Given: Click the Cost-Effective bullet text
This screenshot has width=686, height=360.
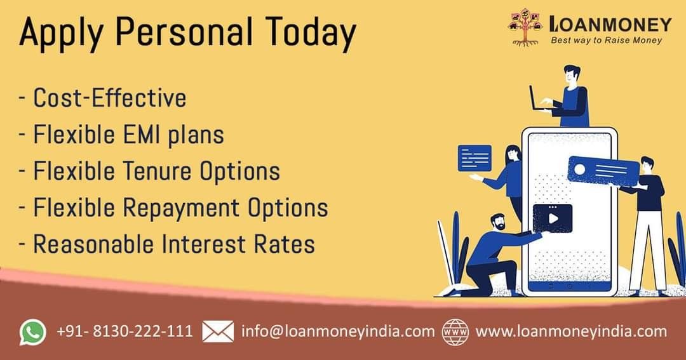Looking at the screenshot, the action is click(110, 97).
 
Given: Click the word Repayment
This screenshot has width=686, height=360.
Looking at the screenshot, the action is click(180, 208).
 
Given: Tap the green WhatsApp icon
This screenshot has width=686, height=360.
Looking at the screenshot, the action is click(33, 332).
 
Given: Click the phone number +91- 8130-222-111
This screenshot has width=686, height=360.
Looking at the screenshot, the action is click(124, 331).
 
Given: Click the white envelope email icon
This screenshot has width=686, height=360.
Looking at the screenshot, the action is click(218, 331).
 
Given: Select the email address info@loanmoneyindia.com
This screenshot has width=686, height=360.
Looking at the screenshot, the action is click(338, 331).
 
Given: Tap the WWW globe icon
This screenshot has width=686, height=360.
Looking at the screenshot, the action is click(455, 332).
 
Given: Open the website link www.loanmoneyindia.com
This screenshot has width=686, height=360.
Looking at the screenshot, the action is click(571, 331).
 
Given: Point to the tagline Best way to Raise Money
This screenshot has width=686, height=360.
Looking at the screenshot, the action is click(607, 40).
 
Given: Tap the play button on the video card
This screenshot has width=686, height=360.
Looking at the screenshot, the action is click(553, 218).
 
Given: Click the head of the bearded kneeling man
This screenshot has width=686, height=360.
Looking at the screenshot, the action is click(497, 223).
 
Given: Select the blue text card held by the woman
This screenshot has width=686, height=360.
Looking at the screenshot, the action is click(474, 158).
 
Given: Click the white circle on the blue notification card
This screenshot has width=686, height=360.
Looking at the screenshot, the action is click(579, 169).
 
